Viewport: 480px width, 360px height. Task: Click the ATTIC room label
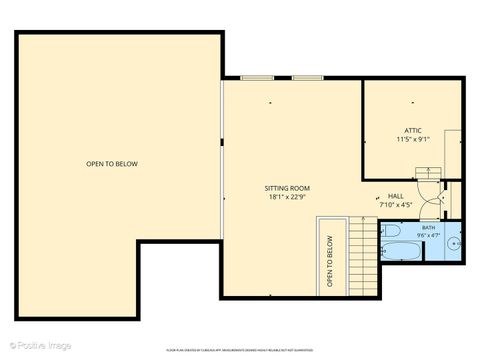414,130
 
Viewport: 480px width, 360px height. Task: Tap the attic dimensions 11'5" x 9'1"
414,139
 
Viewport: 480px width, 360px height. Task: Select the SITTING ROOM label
287,188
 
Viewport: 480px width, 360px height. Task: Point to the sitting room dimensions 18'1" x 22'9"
287,197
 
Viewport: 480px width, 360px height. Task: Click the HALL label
397,196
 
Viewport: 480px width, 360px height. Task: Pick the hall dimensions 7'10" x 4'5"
397,205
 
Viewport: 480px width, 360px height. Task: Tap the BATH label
428,228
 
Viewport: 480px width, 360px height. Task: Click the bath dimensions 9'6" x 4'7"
428,236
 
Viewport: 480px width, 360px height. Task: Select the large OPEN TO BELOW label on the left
112,163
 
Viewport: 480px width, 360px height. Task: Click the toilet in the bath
390,229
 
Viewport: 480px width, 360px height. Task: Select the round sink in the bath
456,242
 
